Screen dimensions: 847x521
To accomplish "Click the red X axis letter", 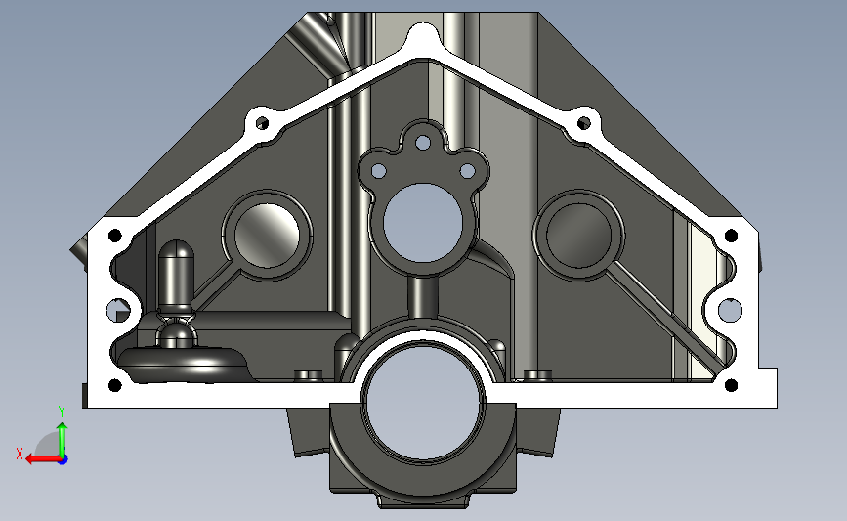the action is (20, 454).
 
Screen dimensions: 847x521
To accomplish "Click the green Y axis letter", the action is (62, 412).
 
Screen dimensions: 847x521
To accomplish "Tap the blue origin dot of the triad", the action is (63, 459).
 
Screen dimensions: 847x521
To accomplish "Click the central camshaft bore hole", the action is (423, 223).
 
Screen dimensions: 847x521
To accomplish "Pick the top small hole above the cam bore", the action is (423, 143).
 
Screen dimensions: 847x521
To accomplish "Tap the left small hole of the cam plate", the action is (379, 171).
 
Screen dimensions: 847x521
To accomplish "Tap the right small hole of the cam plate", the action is (467, 171).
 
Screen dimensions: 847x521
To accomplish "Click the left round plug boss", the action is (267, 236).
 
